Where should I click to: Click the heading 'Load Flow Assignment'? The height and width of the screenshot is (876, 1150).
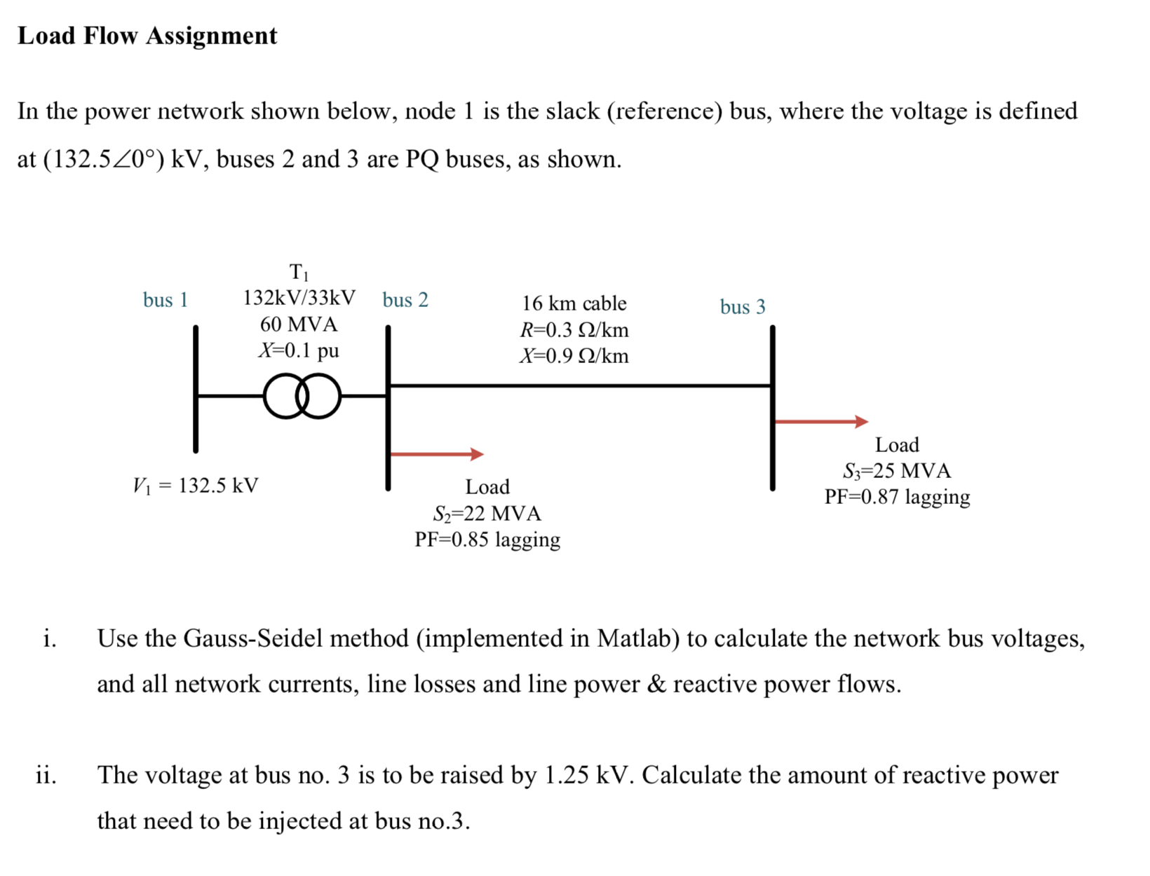click(147, 36)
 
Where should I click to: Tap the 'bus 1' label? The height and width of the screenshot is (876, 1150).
click(165, 300)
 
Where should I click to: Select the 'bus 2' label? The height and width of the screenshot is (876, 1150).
click(405, 300)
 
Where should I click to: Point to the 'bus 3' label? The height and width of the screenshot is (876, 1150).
click(742, 307)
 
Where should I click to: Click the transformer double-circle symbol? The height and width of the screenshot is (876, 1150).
click(302, 396)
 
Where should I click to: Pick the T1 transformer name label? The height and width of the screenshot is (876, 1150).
click(299, 272)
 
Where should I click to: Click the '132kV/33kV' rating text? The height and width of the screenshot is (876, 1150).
click(299, 298)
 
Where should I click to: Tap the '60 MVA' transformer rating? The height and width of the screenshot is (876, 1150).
click(299, 324)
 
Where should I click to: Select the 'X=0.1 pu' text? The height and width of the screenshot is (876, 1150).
click(299, 350)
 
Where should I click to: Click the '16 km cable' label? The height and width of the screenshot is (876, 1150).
click(574, 303)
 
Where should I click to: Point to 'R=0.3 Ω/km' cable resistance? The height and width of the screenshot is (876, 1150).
click(574, 330)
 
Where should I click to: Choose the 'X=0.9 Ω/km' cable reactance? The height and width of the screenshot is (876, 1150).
click(574, 356)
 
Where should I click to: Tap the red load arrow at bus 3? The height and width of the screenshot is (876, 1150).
click(820, 421)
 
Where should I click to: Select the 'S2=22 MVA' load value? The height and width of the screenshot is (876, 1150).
click(487, 514)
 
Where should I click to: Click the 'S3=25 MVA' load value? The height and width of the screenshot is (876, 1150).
click(896, 471)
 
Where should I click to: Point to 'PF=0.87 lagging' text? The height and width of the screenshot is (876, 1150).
click(896, 497)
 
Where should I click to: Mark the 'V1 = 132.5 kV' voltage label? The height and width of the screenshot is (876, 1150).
click(196, 486)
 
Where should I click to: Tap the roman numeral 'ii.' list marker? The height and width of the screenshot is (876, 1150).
click(46, 775)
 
